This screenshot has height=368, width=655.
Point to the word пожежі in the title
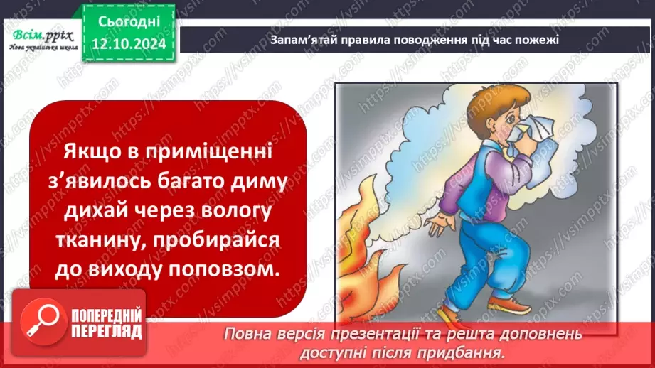[x=540, y=40]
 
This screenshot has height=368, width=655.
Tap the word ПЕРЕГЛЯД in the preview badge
[x=107, y=332]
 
